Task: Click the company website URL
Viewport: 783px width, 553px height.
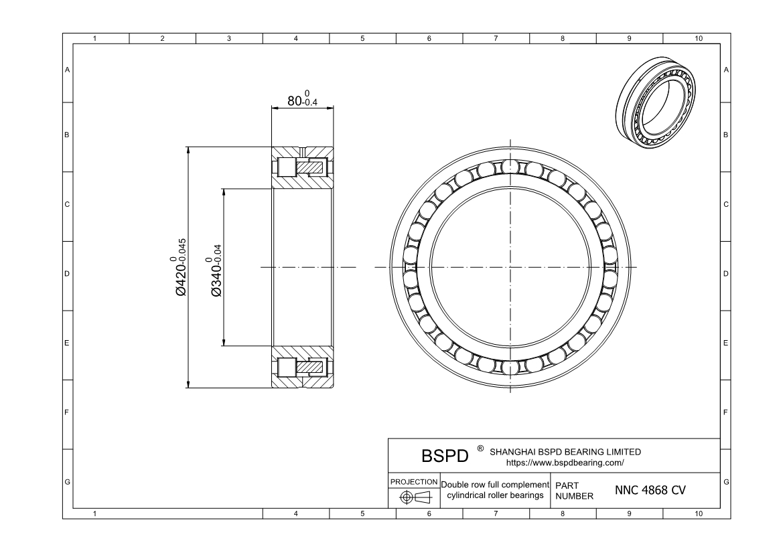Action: (x=567, y=462)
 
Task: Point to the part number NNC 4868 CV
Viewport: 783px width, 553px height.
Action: (x=649, y=490)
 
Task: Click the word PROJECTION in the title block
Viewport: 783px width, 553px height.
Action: (x=414, y=482)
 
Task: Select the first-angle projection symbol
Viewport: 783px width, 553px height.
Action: (x=414, y=497)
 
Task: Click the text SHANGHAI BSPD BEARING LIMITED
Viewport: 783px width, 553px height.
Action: (x=566, y=452)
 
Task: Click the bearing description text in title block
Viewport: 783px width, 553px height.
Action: (x=495, y=489)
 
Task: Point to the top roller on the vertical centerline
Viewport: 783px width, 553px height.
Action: (x=510, y=165)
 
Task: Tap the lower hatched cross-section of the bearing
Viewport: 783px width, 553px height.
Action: (x=302, y=366)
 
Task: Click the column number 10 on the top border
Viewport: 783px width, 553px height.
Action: (x=699, y=39)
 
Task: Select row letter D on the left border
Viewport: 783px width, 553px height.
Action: (x=67, y=274)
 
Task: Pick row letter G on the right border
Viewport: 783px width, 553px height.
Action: (x=726, y=482)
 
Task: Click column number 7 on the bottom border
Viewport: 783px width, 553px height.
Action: (x=496, y=513)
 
